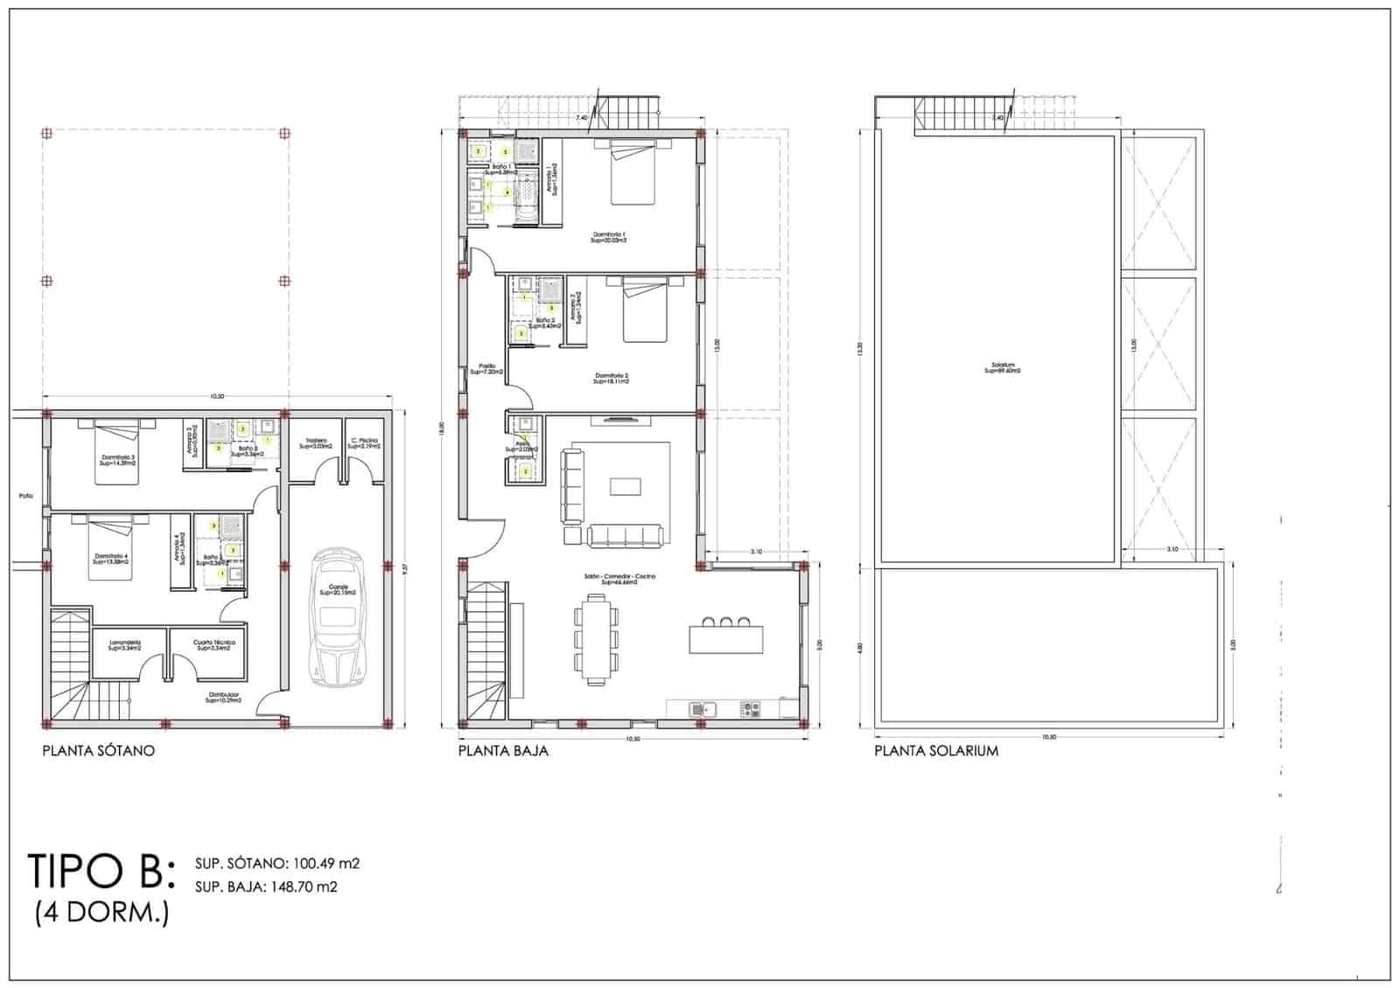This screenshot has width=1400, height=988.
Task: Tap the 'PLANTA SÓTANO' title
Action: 99,750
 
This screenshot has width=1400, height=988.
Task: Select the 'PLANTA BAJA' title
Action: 503,750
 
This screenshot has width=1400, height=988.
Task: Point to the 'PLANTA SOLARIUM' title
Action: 936,750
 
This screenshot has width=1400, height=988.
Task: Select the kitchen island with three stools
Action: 726,637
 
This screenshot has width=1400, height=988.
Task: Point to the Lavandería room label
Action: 125,644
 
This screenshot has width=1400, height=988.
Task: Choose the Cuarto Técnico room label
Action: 213,644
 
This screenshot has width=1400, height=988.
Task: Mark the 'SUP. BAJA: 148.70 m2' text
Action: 267,887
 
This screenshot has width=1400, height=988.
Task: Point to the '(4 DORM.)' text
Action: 102,914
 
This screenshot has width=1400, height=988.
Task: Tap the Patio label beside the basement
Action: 25,496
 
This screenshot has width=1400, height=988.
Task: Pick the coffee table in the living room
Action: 625,486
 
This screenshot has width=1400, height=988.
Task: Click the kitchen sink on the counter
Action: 703,708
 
